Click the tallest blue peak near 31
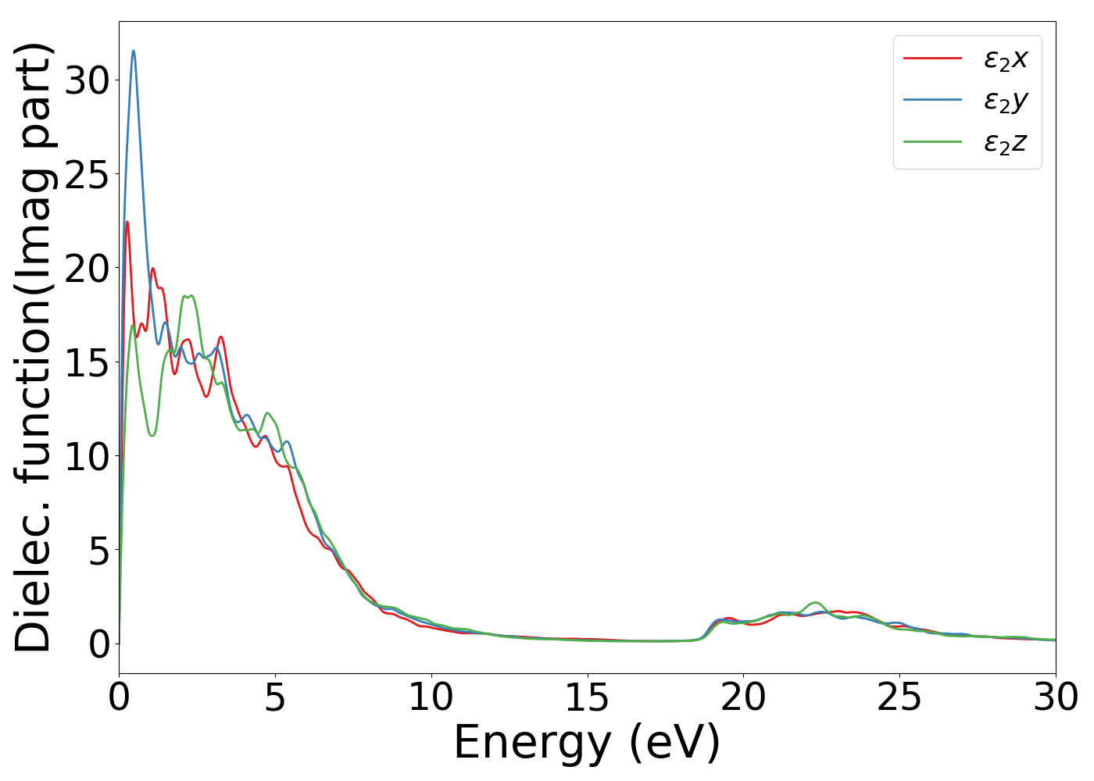tap(134, 51)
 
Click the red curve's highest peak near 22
tap(127, 222)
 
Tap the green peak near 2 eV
tap(188, 296)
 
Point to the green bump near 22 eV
tap(816, 602)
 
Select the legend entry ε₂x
tap(1005, 59)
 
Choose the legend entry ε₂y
tap(1005, 101)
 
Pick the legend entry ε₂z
tap(1005, 143)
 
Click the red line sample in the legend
tap(932, 58)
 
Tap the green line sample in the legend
tap(932, 142)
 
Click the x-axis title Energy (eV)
tap(587, 742)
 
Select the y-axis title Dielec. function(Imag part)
tap(33, 348)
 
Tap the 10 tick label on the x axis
tap(431, 697)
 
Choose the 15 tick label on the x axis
tap(587, 697)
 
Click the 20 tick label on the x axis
tap(743, 697)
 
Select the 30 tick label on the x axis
tap(1055, 697)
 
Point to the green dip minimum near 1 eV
tap(152, 435)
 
